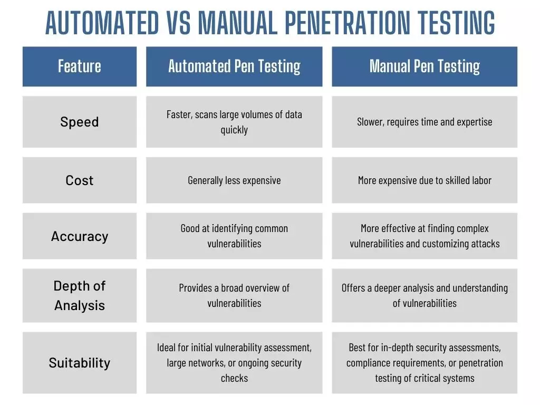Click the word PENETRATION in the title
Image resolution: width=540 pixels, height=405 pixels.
pos(348,23)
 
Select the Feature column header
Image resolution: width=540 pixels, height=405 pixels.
pos(80,66)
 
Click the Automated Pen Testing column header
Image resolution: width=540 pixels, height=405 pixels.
pos(234,66)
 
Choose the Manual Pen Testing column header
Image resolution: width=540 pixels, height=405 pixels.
pos(425,66)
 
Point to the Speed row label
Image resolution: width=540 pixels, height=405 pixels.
pos(80,122)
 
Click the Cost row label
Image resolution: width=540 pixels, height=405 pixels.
pos(80,180)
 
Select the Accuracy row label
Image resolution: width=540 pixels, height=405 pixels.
pos(80,236)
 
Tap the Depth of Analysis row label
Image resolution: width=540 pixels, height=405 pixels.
pos(80,295)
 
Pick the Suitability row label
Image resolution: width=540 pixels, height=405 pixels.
pos(80,363)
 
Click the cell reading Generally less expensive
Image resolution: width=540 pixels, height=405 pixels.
pos(234,180)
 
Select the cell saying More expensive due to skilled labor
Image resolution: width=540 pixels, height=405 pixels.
pos(425,180)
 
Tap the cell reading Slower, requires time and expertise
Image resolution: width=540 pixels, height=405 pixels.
pos(425,122)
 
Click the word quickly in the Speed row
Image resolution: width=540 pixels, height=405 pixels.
pos(234,130)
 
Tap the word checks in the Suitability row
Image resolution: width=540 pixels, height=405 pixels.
pos(234,378)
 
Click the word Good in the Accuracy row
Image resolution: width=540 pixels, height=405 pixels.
pos(190,228)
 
